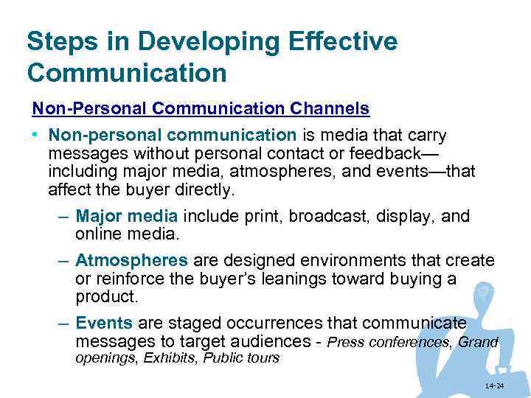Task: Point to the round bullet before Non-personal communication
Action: [x=36, y=136]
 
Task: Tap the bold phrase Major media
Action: [x=126, y=217]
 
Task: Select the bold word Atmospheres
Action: [x=131, y=261]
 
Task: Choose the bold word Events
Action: [x=104, y=323]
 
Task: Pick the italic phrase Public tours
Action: [x=241, y=358]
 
